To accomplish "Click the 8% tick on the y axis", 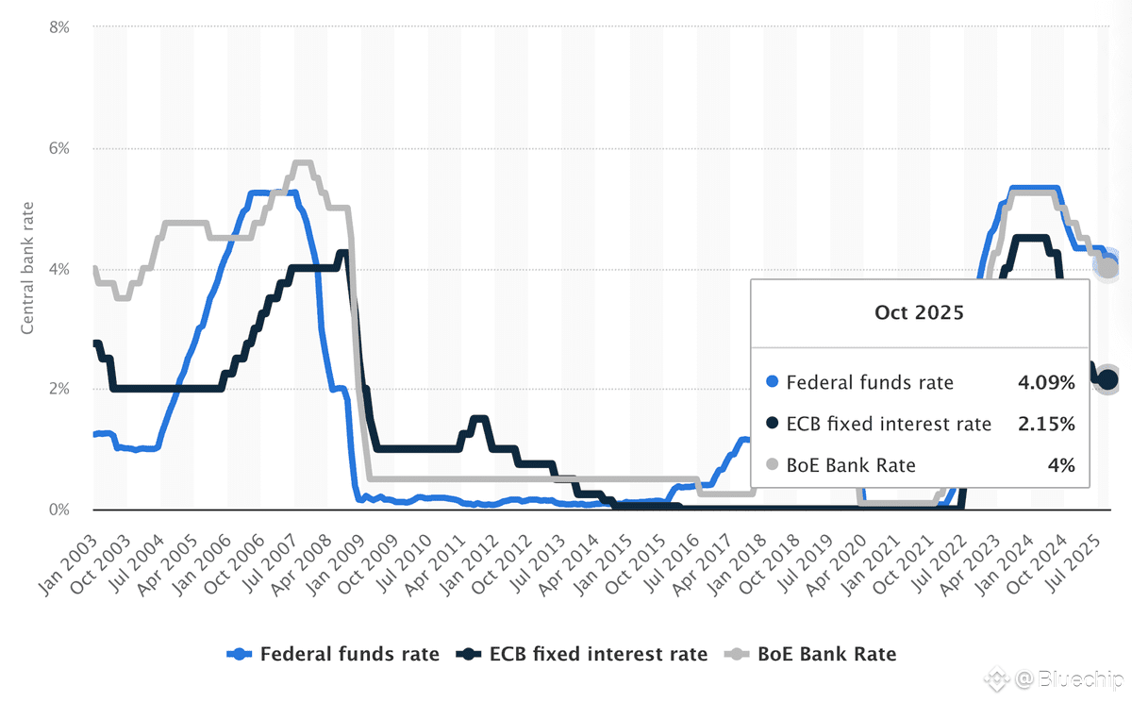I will (58, 28).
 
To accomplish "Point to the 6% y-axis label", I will (58, 149).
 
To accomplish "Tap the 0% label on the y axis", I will (58, 511).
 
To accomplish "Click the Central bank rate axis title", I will (29, 267).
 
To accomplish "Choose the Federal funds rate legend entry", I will (334, 654).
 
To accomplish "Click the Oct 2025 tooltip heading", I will (920, 312).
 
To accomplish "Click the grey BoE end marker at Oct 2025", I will (1107, 269).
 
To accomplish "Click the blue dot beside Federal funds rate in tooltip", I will (773, 383).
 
